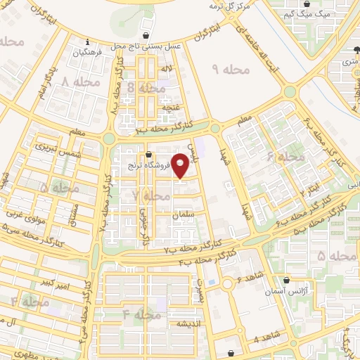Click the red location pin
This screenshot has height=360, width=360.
click(181, 165)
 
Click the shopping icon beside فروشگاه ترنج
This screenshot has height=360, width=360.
click(148, 155)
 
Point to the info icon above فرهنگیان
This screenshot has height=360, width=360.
click(85, 41)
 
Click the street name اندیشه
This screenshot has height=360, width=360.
click(190, 323)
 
